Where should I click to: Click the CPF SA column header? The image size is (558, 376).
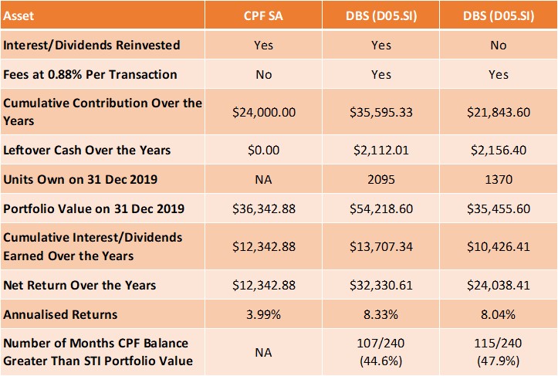263,15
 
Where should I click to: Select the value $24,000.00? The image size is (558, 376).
263,112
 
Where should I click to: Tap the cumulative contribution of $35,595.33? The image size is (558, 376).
380,112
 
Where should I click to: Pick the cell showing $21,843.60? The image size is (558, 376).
499,112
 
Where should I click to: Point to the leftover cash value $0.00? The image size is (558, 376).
263,149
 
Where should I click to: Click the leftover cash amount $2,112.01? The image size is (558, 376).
380,149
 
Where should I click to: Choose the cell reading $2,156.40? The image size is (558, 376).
499,149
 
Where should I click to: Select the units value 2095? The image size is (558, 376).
380,179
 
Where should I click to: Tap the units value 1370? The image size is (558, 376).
499,179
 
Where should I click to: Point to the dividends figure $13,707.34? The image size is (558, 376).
380,246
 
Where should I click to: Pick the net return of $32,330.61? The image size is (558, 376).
380,285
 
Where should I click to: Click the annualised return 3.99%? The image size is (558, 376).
263,314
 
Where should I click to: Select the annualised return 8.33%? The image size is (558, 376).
380,314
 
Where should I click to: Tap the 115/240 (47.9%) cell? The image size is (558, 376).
499,351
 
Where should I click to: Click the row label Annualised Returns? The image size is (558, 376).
61,314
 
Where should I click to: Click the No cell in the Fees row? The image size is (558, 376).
263,75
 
